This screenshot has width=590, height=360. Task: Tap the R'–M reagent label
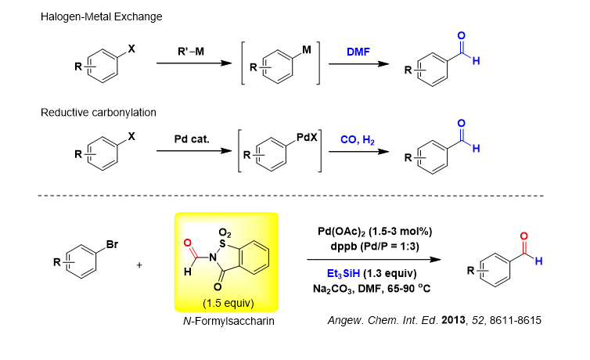tap(190, 52)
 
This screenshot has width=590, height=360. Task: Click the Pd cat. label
tap(190, 139)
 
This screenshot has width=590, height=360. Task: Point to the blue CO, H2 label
tap(359, 139)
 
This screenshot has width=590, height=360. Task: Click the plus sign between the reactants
tap(140, 265)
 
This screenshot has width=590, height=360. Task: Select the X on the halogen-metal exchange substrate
tap(131, 48)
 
